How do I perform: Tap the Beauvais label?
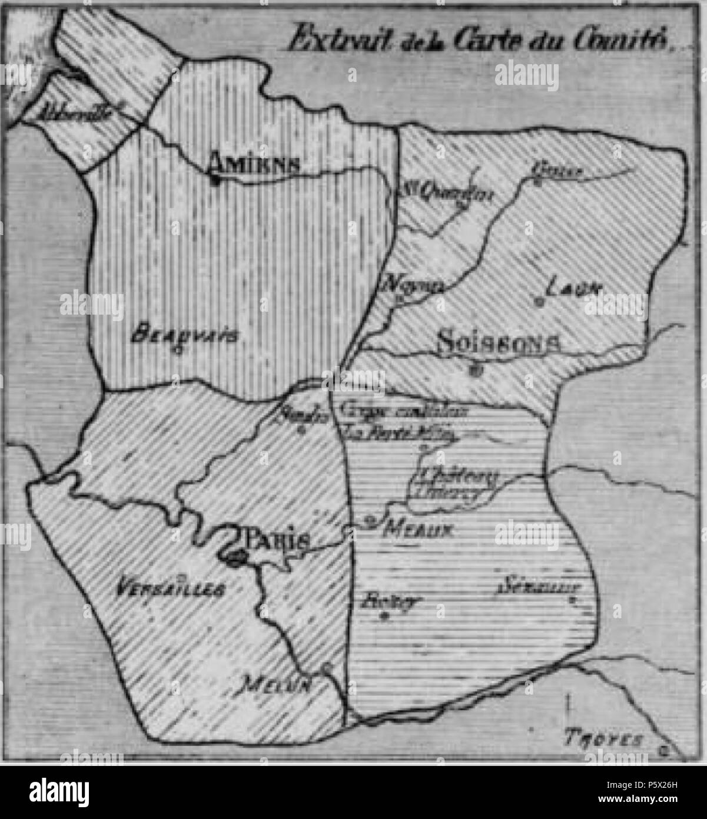185,336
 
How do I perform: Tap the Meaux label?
417,529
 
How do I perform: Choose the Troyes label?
603,738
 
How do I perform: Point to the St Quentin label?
447,191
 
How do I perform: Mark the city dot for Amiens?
216,180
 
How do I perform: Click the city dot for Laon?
537,302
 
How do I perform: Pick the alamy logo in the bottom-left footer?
59,789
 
